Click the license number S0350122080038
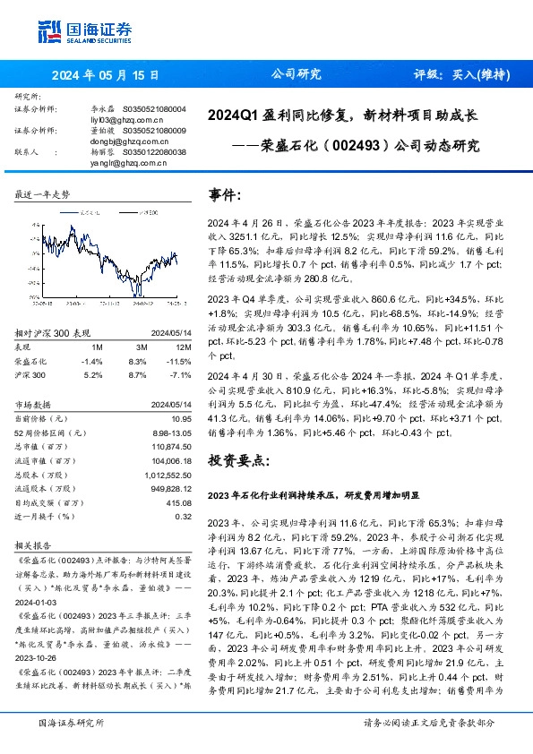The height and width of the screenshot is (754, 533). click(153, 152)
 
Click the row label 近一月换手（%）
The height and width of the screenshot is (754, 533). click(46, 516)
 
